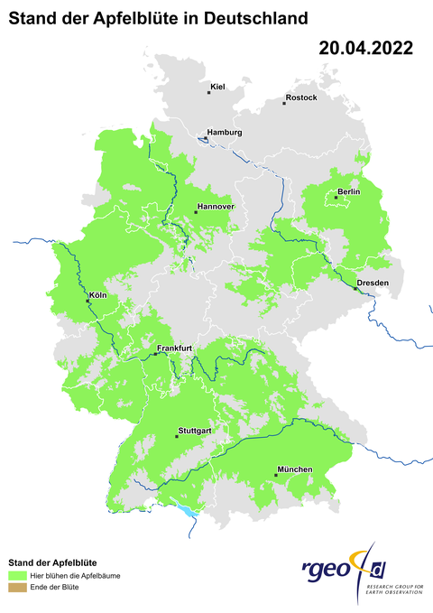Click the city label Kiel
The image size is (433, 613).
(x=216, y=88)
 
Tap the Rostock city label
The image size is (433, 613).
(x=300, y=98)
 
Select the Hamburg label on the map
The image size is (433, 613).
(x=225, y=133)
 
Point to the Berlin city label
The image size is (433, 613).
(x=348, y=192)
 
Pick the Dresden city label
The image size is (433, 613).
(x=373, y=283)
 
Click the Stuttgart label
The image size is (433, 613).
(x=195, y=431)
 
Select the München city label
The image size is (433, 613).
(x=295, y=469)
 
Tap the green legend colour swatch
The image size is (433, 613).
(x=16, y=574)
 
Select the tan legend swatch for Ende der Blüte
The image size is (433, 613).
(x=16, y=588)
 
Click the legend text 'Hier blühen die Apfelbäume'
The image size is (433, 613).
(x=75, y=574)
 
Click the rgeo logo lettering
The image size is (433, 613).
(x=329, y=570)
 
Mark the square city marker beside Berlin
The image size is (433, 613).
(x=336, y=197)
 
